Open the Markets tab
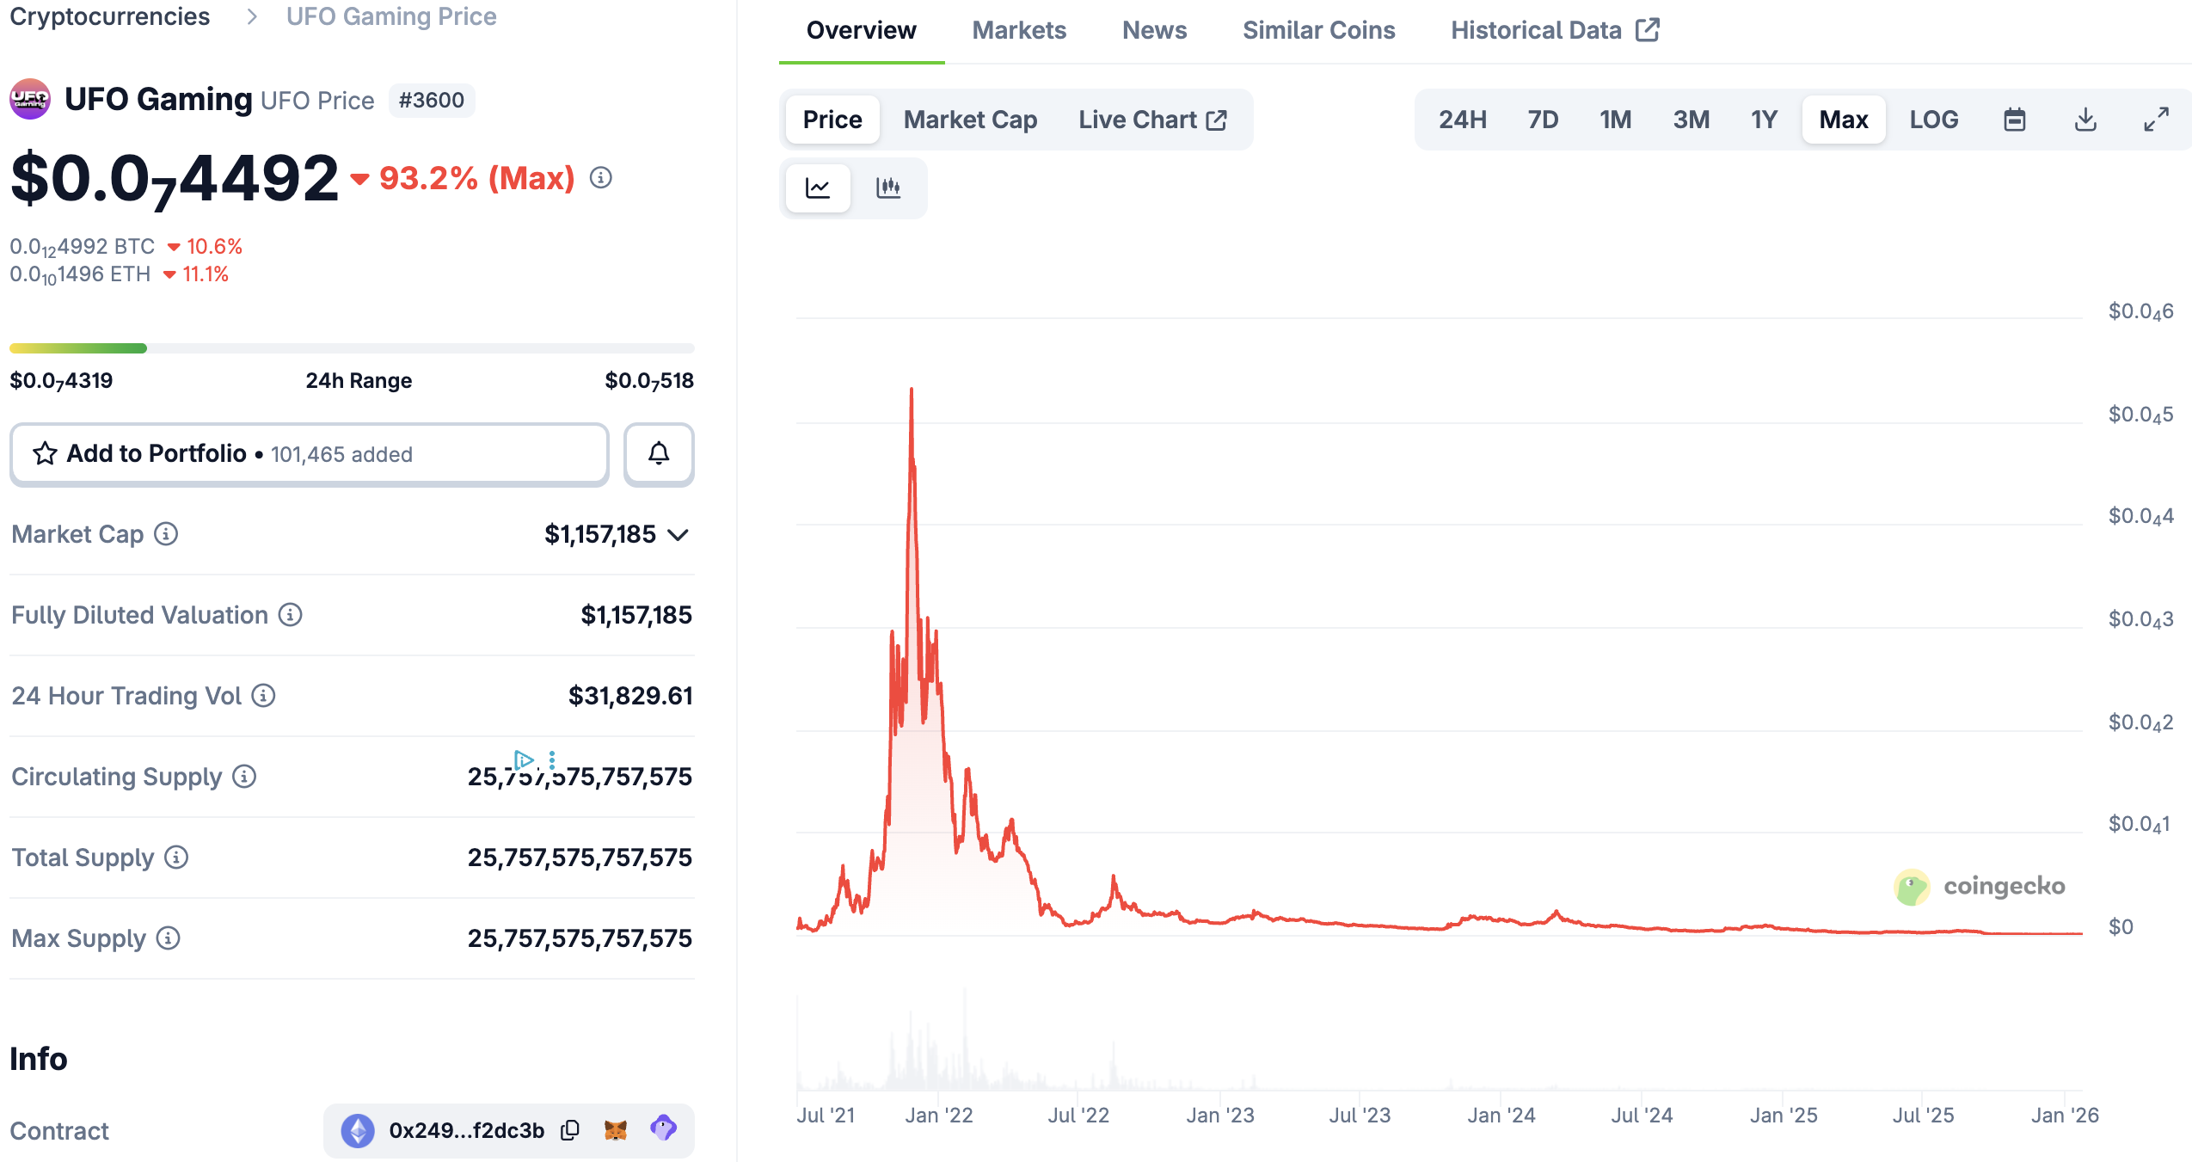(1019, 31)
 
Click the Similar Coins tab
(1318, 31)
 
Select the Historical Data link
(1554, 31)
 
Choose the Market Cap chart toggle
(970, 120)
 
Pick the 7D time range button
(1543, 120)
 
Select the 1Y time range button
(1764, 120)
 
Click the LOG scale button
(1933, 120)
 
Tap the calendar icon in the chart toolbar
(2015, 120)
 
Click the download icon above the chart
(2085, 120)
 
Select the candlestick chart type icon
(888, 188)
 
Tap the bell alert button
(659, 454)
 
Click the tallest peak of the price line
(912, 390)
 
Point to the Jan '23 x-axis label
(1219, 1116)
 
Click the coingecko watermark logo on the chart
(1913, 887)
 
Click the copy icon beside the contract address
(570, 1130)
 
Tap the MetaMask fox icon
(616, 1130)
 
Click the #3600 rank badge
(432, 101)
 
